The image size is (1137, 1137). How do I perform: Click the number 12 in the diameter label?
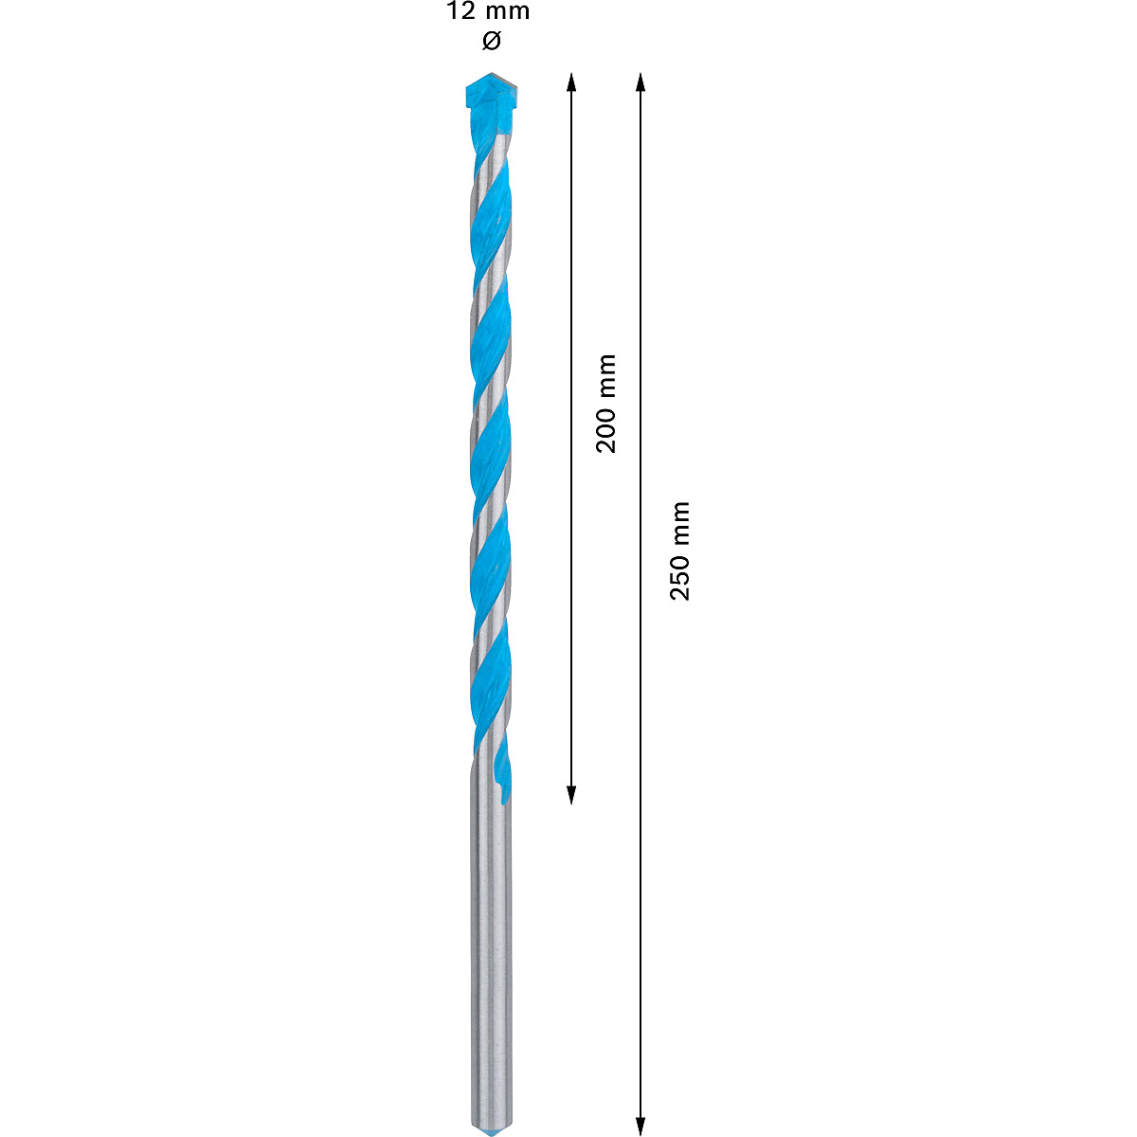tap(461, 12)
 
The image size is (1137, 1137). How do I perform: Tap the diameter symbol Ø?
tap(490, 41)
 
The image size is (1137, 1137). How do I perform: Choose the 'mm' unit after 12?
tap(507, 12)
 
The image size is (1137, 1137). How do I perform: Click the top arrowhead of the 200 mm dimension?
tap(571, 81)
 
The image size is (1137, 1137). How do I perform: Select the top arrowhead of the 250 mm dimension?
tap(641, 81)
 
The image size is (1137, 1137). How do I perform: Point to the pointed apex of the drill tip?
tap(490, 75)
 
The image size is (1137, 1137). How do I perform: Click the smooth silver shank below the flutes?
tap(491, 947)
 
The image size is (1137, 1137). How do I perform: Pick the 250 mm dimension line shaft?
tap(641, 805)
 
